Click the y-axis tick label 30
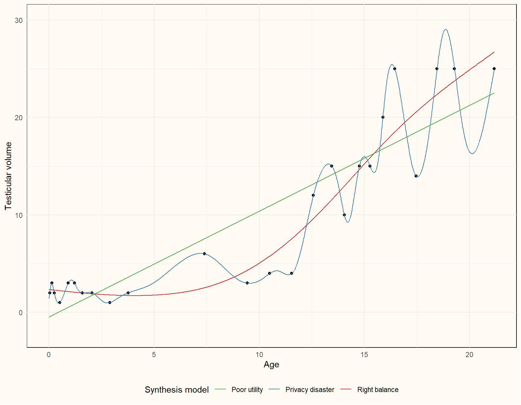pyautogui.click(x=19, y=20)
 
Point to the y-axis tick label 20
pyautogui.click(x=19, y=118)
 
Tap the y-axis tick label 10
pyautogui.click(x=19, y=215)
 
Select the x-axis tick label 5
pyautogui.click(x=154, y=355)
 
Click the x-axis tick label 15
pyautogui.click(x=364, y=355)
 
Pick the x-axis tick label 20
pyautogui.click(x=469, y=355)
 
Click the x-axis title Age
pyautogui.click(x=271, y=365)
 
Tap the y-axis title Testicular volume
pyautogui.click(x=8, y=176)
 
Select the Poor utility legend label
pyautogui.click(x=247, y=390)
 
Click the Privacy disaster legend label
pyautogui.click(x=310, y=390)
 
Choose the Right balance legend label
pyautogui.click(x=377, y=390)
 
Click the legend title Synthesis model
pyautogui.click(x=177, y=390)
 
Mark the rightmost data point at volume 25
pyautogui.click(x=494, y=69)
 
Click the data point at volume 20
pyautogui.click(x=383, y=117)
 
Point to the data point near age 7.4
pyautogui.click(x=204, y=254)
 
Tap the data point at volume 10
pyautogui.click(x=344, y=215)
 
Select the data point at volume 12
pyautogui.click(x=313, y=195)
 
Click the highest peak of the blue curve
pyautogui.click(x=446, y=29)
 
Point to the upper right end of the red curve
pyautogui.click(x=494, y=52)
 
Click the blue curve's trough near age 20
pyautogui.click(x=472, y=154)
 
